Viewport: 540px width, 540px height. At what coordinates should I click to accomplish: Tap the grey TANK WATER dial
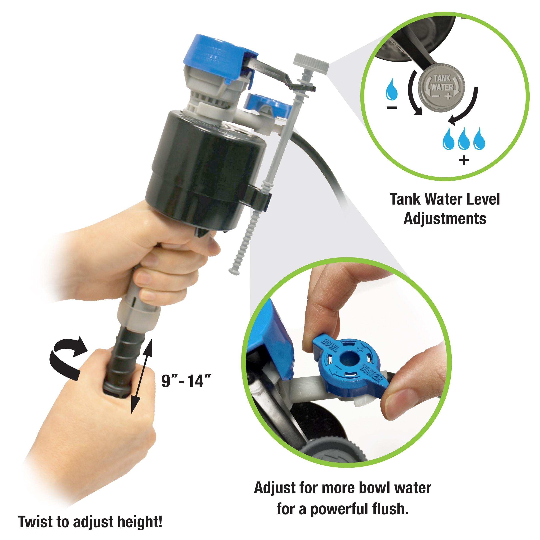442,86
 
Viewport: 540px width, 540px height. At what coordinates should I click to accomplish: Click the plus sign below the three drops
464,160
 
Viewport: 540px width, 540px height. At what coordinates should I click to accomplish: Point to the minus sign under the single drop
392,107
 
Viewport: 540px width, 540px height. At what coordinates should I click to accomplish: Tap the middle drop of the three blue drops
464,138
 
